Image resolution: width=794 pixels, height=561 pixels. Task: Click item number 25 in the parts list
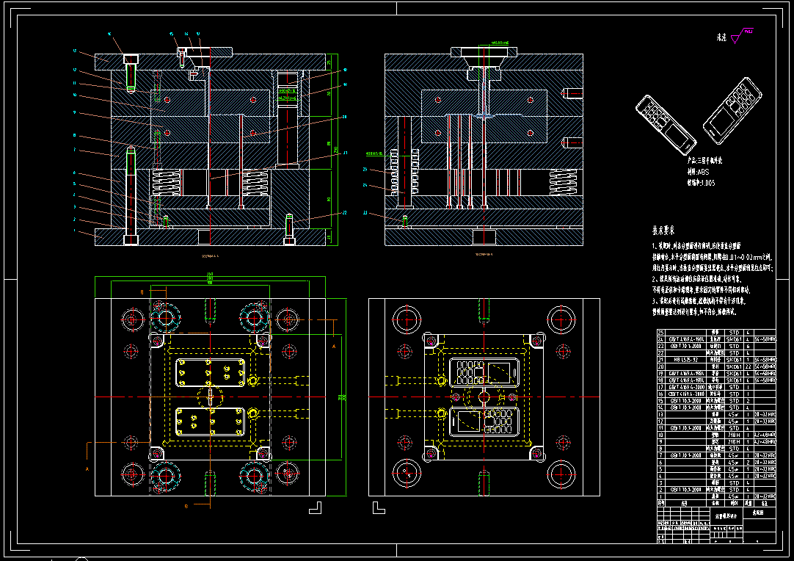[661, 332]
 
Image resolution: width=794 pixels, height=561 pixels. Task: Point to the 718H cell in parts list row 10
[733, 435]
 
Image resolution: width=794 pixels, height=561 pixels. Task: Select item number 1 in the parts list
[661, 497]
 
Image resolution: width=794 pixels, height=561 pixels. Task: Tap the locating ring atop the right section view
[484, 54]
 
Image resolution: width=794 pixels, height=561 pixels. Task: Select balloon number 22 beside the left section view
[344, 213]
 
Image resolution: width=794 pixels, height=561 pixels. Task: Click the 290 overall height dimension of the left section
[337, 150]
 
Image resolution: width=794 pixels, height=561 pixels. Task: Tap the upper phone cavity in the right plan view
[484, 372]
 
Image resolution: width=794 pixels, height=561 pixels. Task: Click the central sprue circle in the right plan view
[484, 397]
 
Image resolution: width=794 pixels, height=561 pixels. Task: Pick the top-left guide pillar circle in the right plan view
[406, 319]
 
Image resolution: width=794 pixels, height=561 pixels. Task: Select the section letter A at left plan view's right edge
[333, 344]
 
